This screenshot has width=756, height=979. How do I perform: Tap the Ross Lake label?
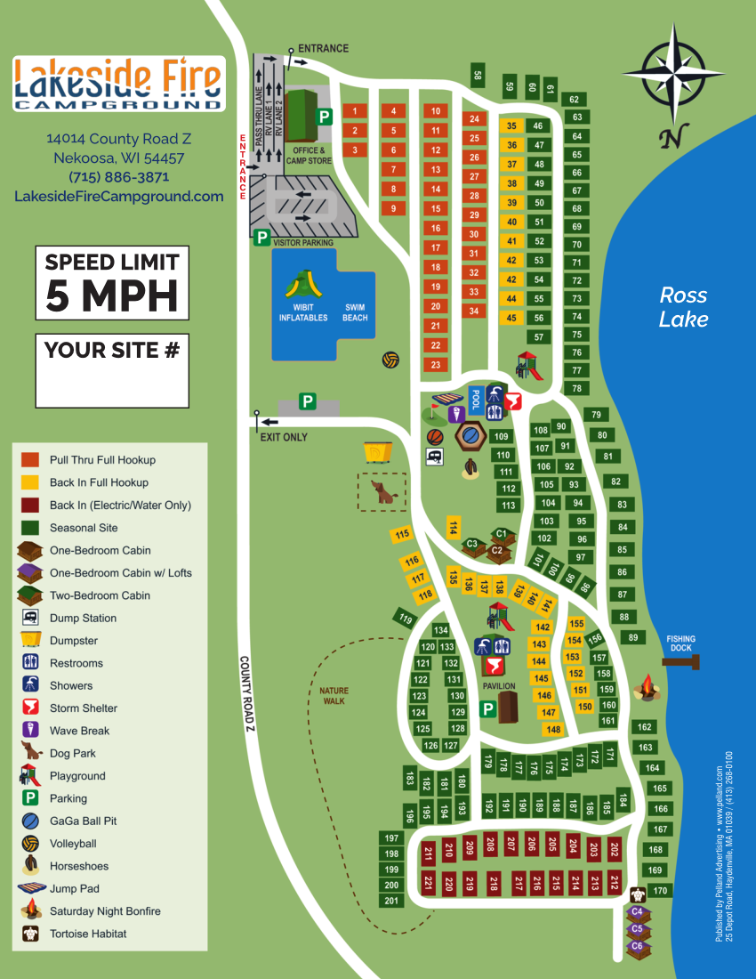683,307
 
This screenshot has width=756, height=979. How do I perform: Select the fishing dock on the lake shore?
682,660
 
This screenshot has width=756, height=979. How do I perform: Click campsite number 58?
478,77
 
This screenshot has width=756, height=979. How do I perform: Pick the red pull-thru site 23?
435,365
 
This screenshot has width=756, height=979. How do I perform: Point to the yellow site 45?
511,318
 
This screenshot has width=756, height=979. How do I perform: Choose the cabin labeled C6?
637,946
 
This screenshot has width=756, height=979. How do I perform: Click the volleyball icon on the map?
390,360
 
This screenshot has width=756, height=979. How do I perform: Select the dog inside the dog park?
384,492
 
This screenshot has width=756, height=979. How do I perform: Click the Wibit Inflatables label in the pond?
303,312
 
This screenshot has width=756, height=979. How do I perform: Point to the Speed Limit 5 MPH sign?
112,283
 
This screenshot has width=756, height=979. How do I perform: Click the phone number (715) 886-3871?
118,177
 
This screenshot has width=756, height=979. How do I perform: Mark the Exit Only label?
283,438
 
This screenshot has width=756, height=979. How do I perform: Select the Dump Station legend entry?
83,619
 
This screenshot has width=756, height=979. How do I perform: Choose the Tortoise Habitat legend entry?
87,934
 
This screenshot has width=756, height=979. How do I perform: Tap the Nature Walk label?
334,696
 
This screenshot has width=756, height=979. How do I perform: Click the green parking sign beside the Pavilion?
487,709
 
